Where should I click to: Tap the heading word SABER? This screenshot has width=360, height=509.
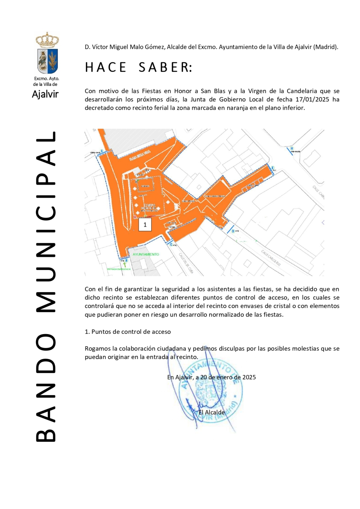[x=165, y=67]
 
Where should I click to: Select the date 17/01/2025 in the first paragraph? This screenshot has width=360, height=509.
[x=312, y=99]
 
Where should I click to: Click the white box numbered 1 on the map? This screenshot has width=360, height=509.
[x=145, y=225]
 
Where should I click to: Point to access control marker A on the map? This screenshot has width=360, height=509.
[x=102, y=151]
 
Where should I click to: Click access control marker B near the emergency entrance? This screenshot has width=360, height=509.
[x=126, y=260]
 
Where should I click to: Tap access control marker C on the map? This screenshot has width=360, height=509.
[x=171, y=244]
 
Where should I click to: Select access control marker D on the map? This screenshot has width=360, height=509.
[x=233, y=231]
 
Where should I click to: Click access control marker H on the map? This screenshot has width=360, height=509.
[x=292, y=149]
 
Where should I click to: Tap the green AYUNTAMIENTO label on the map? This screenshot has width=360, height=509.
[x=146, y=254]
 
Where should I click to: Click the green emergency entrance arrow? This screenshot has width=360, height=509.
[x=125, y=265]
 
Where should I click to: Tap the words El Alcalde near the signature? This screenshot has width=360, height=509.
[x=211, y=412]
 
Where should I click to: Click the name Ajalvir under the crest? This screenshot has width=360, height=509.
[x=45, y=94]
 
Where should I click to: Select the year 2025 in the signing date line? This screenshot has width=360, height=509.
[x=249, y=377]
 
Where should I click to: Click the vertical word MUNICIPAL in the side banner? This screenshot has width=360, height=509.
[x=46, y=222]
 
